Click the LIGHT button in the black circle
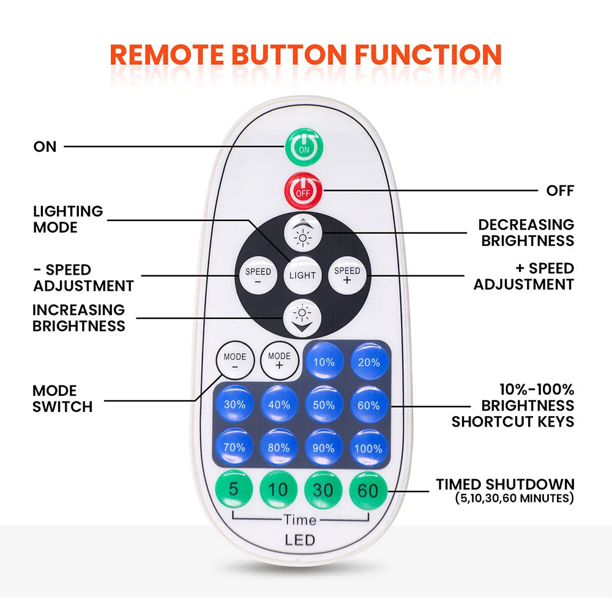[x=302, y=275]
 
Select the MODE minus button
[x=234, y=361]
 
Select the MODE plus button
[x=279, y=360]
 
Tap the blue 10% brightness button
[x=324, y=362]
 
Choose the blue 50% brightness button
[x=324, y=405]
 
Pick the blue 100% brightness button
[x=368, y=447]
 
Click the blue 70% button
[x=234, y=447]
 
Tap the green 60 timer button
[x=368, y=490]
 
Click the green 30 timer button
[x=324, y=490]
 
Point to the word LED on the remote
[x=300, y=540]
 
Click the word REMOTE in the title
[x=166, y=55]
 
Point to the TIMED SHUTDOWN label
[x=505, y=484]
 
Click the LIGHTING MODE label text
[x=68, y=219]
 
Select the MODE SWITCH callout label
[x=62, y=398]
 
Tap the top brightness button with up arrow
[x=302, y=233]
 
